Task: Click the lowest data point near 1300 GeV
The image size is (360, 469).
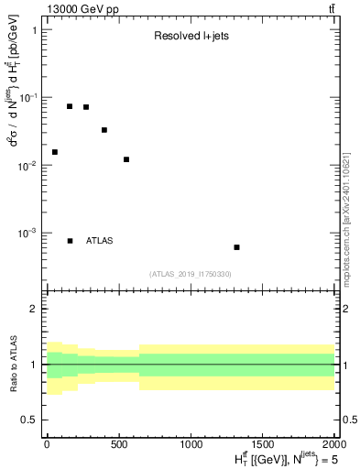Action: (x=236, y=247)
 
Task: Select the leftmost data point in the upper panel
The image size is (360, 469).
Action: (x=55, y=152)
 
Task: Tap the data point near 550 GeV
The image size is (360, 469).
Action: (x=126, y=159)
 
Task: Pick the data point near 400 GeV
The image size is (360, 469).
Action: (x=104, y=130)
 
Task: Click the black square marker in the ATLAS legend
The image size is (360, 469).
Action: (x=71, y=241)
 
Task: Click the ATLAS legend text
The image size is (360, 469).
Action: (x=99, y=241)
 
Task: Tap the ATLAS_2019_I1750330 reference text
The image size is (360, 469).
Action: (x=191, y=274)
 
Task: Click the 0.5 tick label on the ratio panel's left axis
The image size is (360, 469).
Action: (x=29, y=420)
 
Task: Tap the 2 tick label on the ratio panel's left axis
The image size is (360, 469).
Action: (x=34, y=309)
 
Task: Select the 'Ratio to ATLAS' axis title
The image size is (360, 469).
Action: (x=13, y=365)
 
